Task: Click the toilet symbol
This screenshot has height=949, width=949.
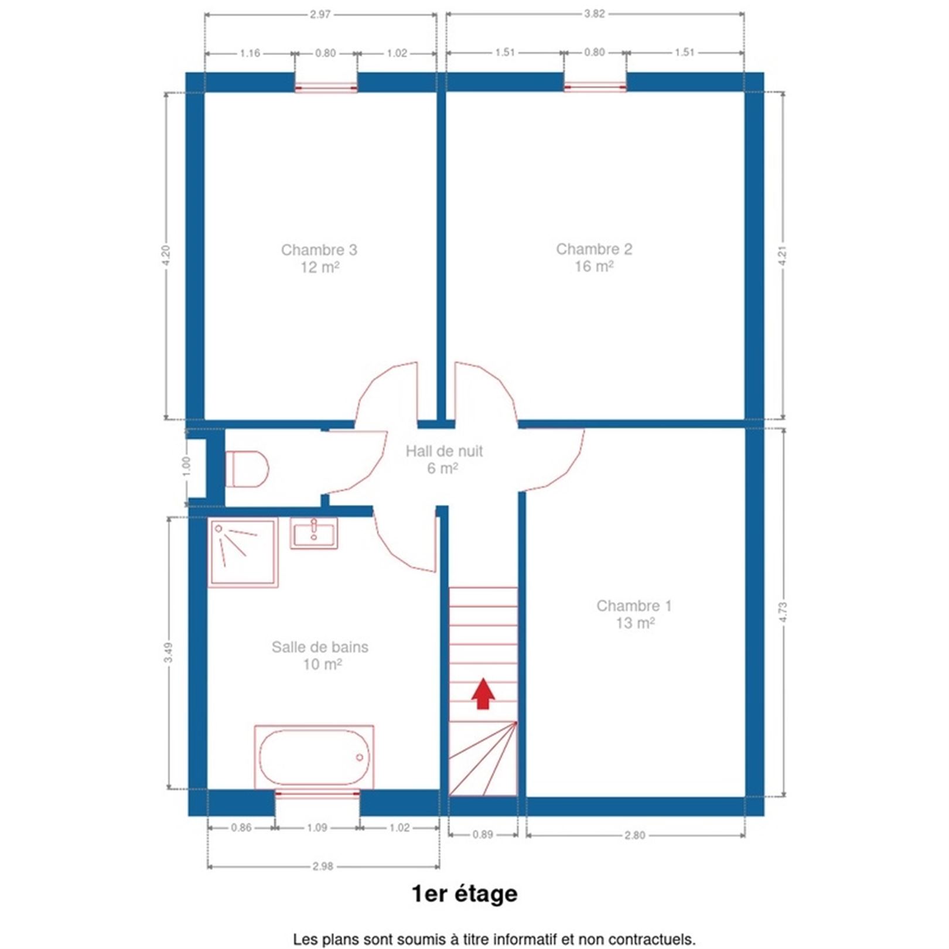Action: (x=247, y=469)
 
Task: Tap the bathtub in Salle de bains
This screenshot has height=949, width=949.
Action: (x=314, y=756)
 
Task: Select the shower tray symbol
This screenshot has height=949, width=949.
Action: (x=243, y=552)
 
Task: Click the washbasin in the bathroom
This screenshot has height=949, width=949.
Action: (x=314, y=533)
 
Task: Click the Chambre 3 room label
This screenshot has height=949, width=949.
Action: (x=319, y=250)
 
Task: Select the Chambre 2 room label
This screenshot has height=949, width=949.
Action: (x=594, y=249)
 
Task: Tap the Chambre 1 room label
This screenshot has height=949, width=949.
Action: (x=634, y=606)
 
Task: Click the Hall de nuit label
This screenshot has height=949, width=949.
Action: (x=444, y=451)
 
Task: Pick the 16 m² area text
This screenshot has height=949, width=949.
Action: (x=594, y=267)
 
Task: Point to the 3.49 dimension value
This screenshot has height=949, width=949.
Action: (x=169, y=653)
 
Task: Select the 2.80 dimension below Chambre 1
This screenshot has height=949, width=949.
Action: (x=635, y=835)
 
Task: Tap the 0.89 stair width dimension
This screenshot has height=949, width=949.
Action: (x=483, y=835)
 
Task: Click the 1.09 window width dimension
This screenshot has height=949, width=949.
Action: (x=317, y=828)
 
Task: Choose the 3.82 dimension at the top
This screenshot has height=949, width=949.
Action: (x=594, y=14)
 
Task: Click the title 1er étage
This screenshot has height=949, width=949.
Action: (x=465, y=894)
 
